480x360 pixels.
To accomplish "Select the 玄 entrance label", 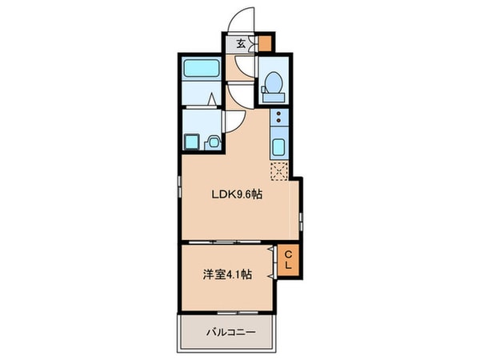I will click(241, 44).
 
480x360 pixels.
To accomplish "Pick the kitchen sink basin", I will click(279, 147).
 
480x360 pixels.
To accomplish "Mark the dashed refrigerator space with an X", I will click(278, 169).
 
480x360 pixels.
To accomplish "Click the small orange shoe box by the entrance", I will click(265, 44).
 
